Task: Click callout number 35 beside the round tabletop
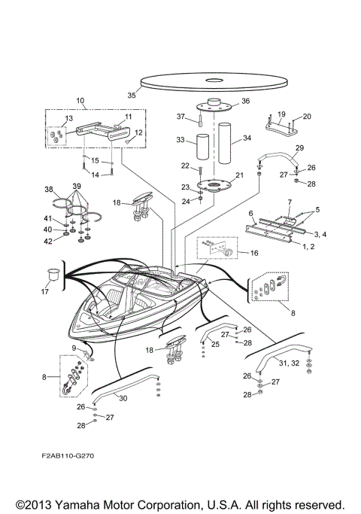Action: coord(132,96)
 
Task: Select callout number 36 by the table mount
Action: coord(244,102)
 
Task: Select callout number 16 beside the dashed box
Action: coord(253,254)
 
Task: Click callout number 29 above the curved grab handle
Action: coord(299,148)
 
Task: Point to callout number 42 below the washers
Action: coord(49,241)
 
